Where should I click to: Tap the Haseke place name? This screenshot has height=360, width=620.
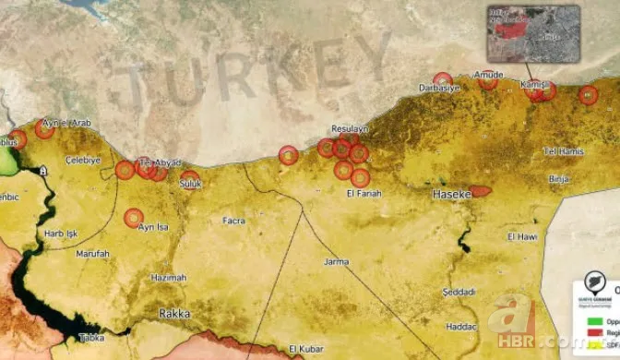click(452, 195)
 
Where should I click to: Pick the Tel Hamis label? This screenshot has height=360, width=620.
click(565, 150)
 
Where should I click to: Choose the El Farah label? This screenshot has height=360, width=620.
click(364, 193)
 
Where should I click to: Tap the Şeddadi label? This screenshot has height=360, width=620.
click(458, 292)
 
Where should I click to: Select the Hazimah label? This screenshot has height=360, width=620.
click(168, 277)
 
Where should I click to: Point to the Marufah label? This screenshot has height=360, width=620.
click(92, 253)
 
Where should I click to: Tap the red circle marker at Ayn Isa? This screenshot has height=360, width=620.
click(134, 218)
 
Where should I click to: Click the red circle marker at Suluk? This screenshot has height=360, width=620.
click(189, 177)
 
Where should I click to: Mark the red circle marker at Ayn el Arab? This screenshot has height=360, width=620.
click(44, 128)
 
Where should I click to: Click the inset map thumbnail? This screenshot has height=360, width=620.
click(532, 33)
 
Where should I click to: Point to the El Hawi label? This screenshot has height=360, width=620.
click(522, 236)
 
